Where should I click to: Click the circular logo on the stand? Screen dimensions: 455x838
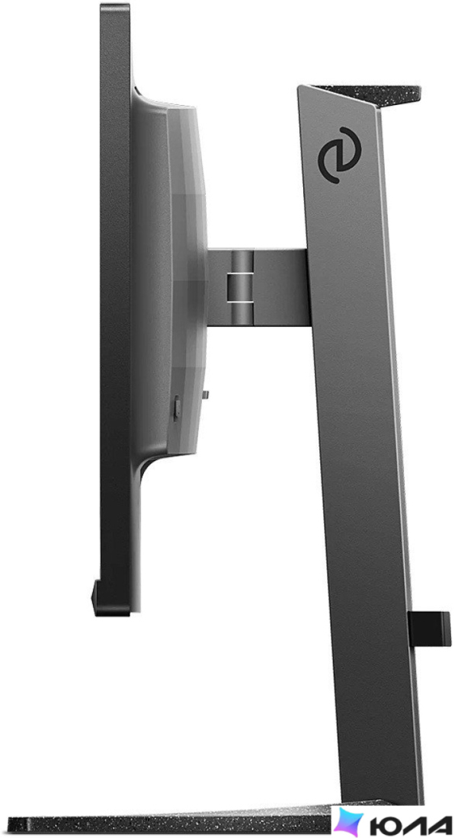339,155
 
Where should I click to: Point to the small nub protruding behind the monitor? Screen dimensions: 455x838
205,395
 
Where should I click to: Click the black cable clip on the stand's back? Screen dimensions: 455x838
429,628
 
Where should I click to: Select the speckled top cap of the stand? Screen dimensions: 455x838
369,94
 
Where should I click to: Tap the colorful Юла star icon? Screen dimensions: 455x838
349,821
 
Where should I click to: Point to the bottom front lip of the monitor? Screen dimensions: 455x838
111,599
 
